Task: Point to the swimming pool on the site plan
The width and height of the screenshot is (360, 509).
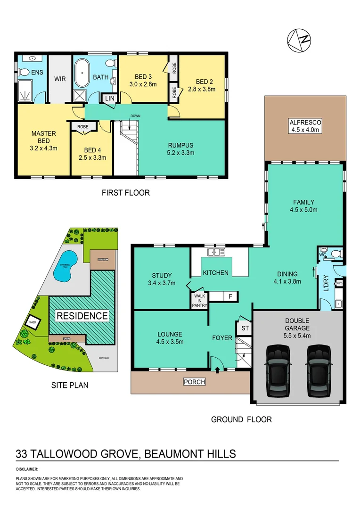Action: coord(63,270)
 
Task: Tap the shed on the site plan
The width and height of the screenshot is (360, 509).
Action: coord(33,322)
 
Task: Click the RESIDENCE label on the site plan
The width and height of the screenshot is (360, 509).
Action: coord(82,315)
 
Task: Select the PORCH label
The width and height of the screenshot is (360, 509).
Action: coord(194,382)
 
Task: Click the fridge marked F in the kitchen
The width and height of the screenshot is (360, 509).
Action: coord(230,296)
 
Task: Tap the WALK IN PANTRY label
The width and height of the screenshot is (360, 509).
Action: coord(199,300)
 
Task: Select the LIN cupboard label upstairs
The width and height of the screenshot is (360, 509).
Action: coord(109,98)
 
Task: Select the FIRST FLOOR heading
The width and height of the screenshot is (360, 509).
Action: coord(126,192)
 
